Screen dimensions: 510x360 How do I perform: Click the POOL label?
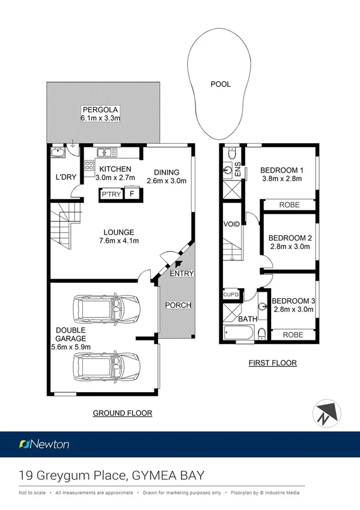[x=220, y=85]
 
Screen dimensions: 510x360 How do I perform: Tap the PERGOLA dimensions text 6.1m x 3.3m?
[x=101, y=118]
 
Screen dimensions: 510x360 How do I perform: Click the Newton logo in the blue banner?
[x=44, y=444]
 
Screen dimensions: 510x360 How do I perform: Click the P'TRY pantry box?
[x=111, y=195]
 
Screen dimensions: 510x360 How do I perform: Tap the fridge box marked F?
[x=132, y=195]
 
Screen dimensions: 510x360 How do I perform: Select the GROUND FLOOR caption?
[x=122, y=413]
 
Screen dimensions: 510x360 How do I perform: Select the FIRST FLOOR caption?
[x=272, y=363]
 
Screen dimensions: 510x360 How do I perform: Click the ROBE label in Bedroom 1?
[x=290, y=205]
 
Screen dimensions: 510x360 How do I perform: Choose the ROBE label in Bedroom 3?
[x=294, y=335]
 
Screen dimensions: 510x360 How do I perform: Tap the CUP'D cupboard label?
[x=231, y=295]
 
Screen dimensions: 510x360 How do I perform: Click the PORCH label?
[x=178, y=306]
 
